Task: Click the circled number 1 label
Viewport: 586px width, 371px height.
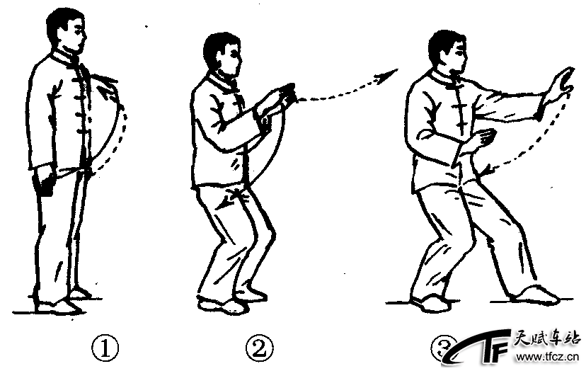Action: [105, 349]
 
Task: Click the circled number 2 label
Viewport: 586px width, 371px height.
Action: [259, 349]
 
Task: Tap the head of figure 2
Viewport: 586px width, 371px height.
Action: [222, 55]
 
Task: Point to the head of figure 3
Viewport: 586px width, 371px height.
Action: [448, 52]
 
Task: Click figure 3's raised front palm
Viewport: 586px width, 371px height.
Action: [561, 85]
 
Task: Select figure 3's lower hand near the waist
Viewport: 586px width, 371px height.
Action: [482, 140]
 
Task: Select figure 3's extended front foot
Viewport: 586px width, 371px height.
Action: [536, 295]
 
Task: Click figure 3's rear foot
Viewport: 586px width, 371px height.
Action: [430, 303]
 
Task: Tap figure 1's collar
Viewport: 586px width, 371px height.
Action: [66, 58]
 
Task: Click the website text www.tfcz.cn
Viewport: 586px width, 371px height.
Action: [547, 357]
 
